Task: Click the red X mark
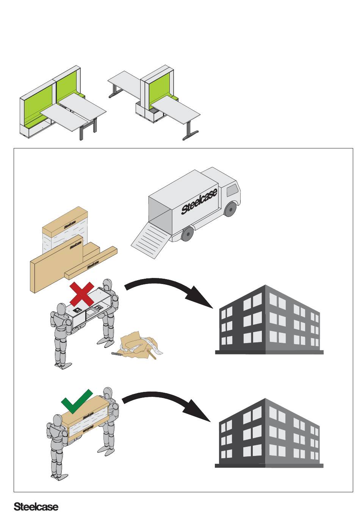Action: click(82, 294)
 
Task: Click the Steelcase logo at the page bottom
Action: click(36, 507)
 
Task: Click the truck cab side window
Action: click(232, 190)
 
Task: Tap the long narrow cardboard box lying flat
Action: click(91, 263)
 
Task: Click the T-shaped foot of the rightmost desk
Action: click(191, 135)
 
